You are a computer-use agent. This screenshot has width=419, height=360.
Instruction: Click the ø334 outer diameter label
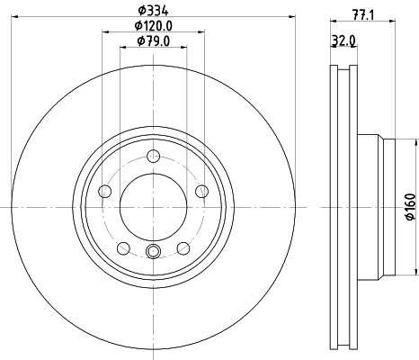(x=153, y=11)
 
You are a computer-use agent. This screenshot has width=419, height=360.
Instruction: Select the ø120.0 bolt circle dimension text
(x=153, y=26)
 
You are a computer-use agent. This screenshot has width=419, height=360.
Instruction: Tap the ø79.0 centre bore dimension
(x=153, y=40)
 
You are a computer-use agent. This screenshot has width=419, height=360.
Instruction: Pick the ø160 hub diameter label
(x=410, y=207)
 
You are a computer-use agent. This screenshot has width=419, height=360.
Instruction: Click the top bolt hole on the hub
(x=153, y=155)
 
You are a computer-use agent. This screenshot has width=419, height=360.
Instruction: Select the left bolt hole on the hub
(x=104, y=191)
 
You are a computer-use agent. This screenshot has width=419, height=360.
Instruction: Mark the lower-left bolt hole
(x=123, y=247)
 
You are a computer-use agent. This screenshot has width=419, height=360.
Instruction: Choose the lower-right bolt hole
(x=183, y=247)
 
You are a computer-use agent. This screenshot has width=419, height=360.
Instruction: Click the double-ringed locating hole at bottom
(x=153, y=252)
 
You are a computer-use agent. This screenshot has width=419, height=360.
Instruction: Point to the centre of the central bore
(x=153, y=206)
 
